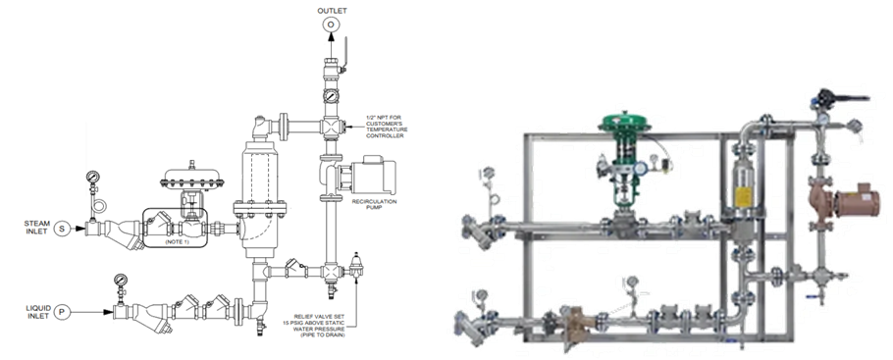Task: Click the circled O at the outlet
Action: click(x=331, y=25)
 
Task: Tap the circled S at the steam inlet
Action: click(x=62, y=229)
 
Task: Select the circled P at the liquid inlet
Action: click(x=62, y=312)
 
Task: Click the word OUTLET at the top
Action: click(x=332, y=10)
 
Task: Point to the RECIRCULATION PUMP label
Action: click(x=374, y=204)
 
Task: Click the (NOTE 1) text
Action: click(x=177, y=242)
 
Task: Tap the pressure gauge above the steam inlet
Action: click(x=93, y=176)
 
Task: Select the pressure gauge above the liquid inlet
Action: click(x=121, y=280)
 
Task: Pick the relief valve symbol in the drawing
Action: click(x=356, y=265)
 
